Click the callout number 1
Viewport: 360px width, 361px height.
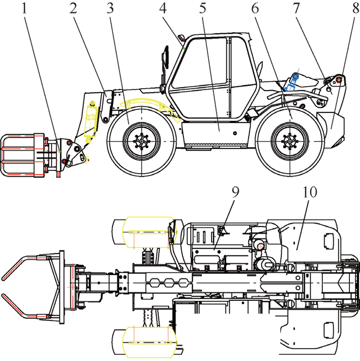click(24, 8)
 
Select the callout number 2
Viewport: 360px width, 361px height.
click(73, 8)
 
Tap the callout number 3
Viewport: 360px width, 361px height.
click(110, 8)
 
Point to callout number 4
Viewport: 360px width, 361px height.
click(163, 8)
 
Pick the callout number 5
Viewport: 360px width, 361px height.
click(202, 8)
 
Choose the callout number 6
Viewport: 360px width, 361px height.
click(255, 8)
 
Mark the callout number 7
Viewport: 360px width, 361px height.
click(296, 8)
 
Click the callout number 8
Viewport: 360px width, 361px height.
click(356, 8)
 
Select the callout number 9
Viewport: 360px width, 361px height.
click(235, 192)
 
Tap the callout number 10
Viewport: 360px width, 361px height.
click(309, 192)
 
